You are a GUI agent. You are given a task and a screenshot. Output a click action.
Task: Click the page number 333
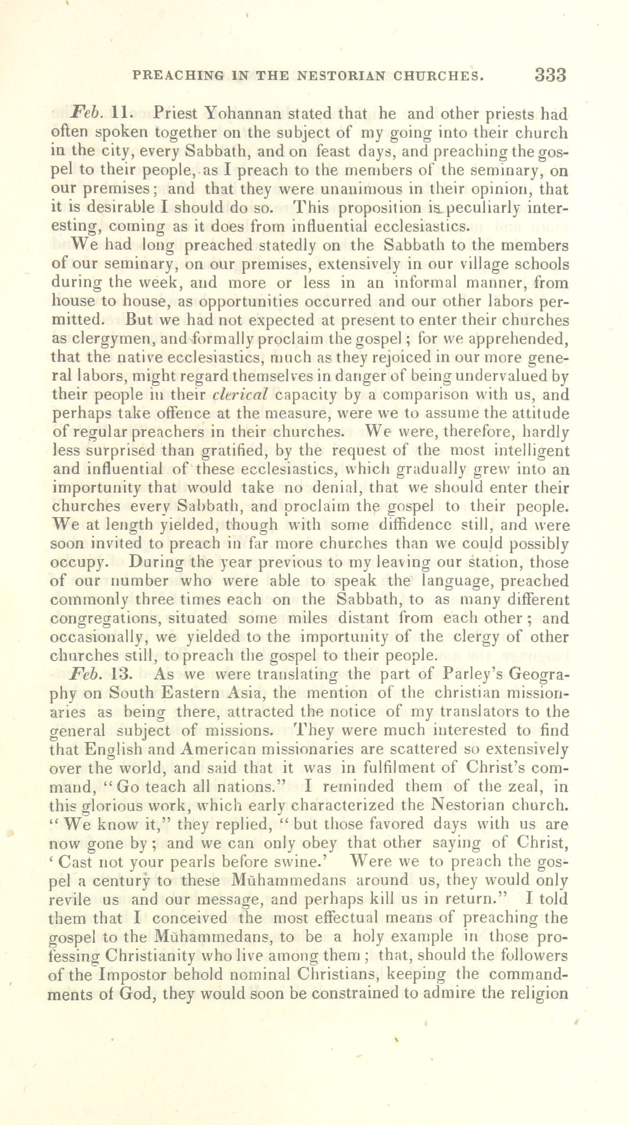coord(550,75)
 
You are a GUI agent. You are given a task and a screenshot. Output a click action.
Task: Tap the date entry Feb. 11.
coord(96,114)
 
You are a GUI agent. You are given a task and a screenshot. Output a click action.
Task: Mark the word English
coord(141,748)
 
